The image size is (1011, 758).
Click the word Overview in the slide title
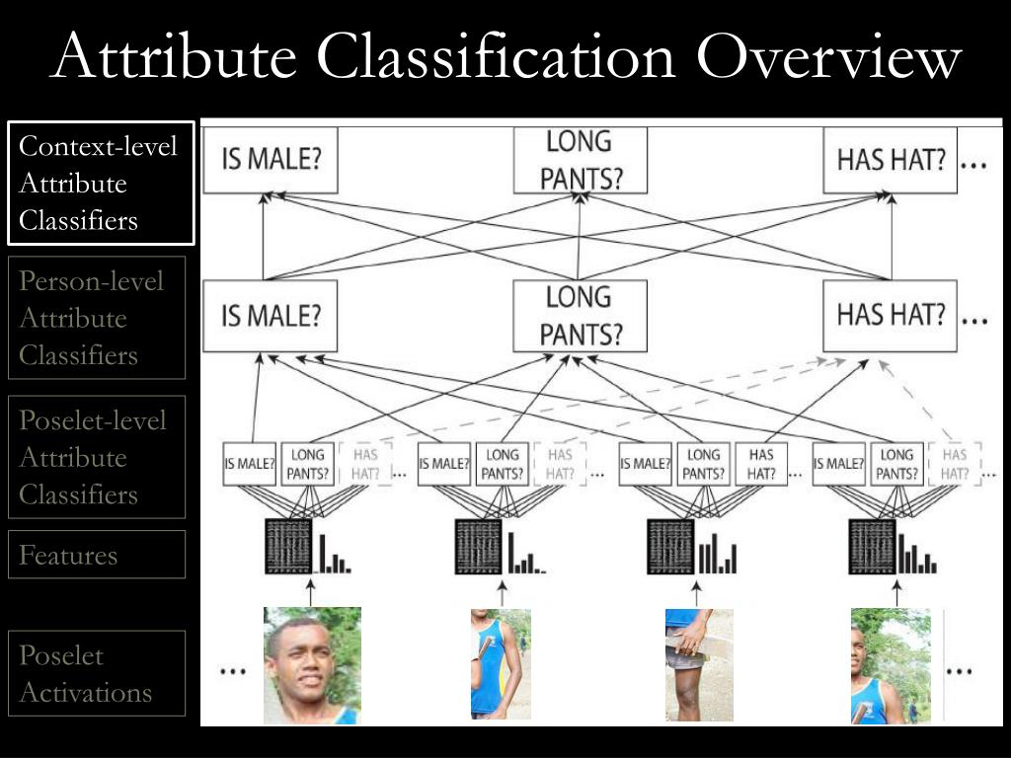(x=827, y=57)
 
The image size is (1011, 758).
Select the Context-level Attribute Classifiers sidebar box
(x=101, y=183)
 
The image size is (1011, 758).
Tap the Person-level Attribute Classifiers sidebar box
(x=97, y=318)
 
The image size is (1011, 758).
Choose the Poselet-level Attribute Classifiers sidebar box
(x=97, y=457)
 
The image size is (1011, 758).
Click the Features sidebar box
(x=97, y=555)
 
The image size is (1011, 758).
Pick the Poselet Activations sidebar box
(x=97, y=673)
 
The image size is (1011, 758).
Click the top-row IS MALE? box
(x=270, y=160)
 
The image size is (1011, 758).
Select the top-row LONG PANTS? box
(x=581, y=160)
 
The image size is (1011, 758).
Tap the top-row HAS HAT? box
(x=891, y=160)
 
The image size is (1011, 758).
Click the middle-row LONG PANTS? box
(x=581, y=316)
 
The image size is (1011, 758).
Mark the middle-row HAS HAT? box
(x=891, y=316)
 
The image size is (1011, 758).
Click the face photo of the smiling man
(x=312, y=665)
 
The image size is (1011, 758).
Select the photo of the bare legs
(x=699, y=665)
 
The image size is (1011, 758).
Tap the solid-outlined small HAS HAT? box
(x=760, y=464)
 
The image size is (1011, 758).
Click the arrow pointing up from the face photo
(x=312, y=594)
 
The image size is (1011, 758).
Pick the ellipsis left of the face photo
(x=232, y=669)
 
